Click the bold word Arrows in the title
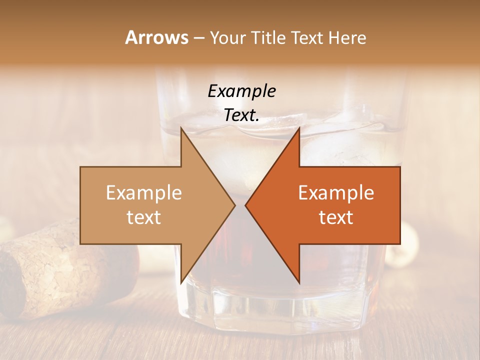click(x=157, y=37)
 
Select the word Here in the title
click(x=347, y=37)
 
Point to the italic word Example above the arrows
click(x=241, y=91)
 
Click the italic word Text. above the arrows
click(x=241, y=115)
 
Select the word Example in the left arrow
click(x=144, y=192)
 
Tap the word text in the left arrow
click(x=144, y=217)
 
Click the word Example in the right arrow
click(x=336, y=192)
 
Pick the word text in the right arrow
click(x=336, y=217)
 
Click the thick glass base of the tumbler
click(x=280, y=305)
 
